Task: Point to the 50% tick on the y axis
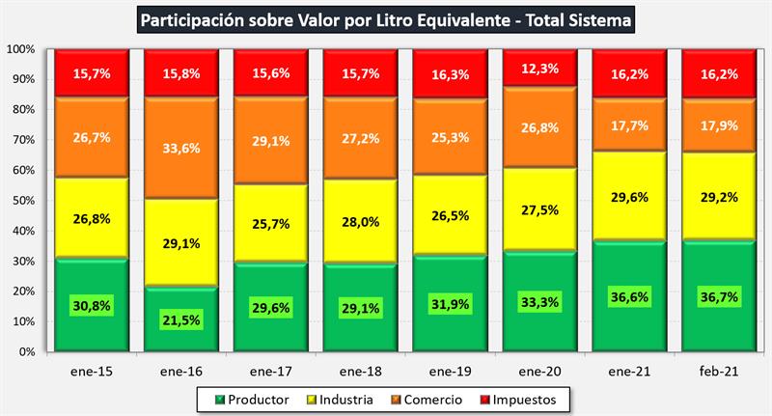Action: point(21,201)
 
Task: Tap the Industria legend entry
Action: point(339,398)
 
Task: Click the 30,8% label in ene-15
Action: point(92,306)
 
